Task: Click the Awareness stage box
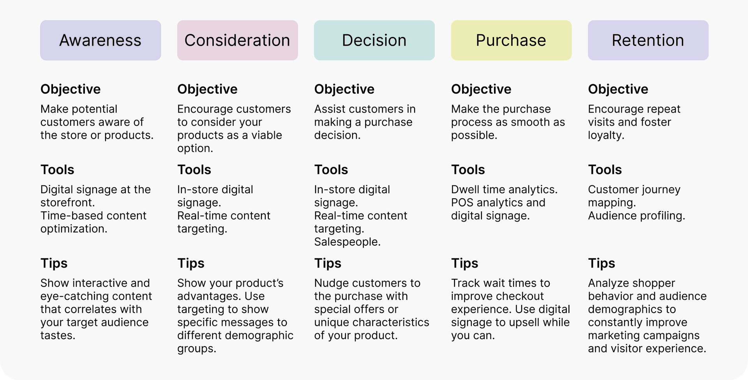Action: (101, 40)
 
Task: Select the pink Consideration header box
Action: (238, 40)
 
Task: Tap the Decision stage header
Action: (374, 40)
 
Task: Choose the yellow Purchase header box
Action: (511, 40)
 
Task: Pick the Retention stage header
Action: (648, 40)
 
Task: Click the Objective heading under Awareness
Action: (71, 89)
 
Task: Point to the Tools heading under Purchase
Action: (468, 170)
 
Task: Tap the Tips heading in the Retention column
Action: (602, 264)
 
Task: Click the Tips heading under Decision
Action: (328, 264)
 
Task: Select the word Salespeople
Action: (348, 242)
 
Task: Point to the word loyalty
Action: (606, 135)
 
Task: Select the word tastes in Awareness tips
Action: (58, 336)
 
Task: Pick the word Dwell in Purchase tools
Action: (465, 190)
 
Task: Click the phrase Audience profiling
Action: (637, 216)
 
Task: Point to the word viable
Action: (266, 135)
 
